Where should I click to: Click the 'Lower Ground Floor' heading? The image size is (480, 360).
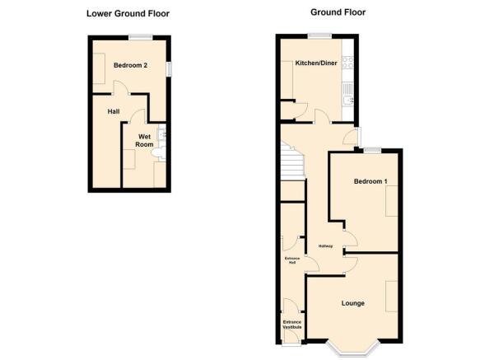[128, 14]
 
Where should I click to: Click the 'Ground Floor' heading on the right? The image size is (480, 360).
[338, 12]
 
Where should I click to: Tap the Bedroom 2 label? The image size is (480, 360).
[130, 65]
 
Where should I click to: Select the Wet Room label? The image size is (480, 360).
[144, 140]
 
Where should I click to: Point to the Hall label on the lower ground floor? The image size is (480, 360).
[114, 111]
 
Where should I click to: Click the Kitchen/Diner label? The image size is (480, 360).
[316, 63]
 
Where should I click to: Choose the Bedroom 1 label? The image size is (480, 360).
[370, 181]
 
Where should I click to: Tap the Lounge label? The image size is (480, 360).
[353, 303]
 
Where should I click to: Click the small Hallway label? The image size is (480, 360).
[325, 246]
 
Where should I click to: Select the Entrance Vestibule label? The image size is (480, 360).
[292, 325]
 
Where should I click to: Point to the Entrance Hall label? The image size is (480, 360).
[292, 260]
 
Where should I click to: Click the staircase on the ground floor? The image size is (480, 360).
[292, 160]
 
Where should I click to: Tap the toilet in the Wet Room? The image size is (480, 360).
[159, 153]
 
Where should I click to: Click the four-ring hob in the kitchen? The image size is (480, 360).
[347, 62]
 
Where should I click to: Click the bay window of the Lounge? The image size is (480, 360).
[352, 349]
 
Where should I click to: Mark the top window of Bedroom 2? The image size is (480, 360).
[141, 37]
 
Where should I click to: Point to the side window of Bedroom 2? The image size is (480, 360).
[169, 68]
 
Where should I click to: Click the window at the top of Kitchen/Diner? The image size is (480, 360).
[320, 36]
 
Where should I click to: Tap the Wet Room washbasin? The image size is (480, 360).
[162, 134]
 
